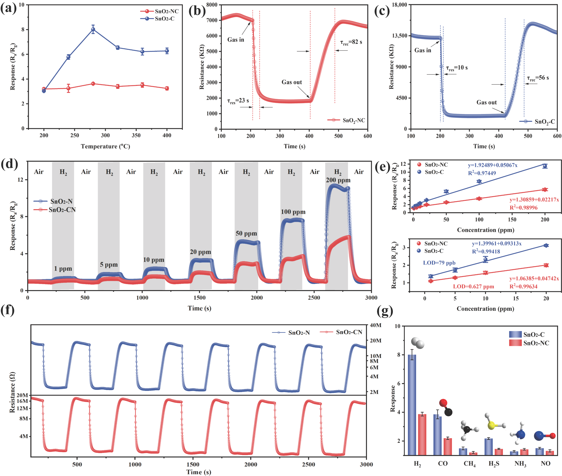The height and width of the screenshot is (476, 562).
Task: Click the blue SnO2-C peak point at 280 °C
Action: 93,29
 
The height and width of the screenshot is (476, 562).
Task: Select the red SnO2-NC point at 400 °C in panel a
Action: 167,88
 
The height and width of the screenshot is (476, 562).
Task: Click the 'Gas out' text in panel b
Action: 291,82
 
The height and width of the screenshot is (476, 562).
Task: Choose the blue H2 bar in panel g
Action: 412,405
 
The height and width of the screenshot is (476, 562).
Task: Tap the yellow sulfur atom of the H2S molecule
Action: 491,426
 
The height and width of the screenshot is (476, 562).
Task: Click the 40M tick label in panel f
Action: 375,325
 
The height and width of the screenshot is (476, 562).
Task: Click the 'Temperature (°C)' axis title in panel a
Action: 105,146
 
